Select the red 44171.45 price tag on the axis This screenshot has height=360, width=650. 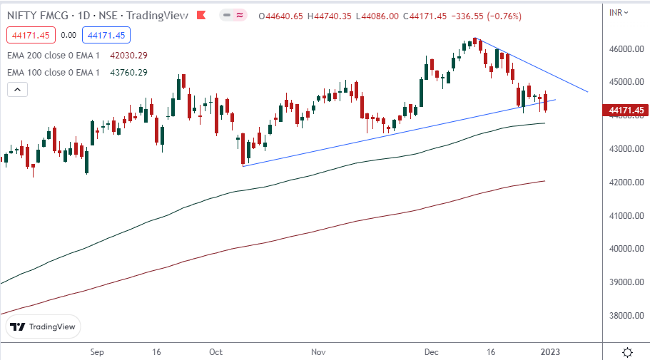pyautogui.click(x=625, y=110)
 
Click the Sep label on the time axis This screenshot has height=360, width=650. pyautogui.click(x=98, y=352)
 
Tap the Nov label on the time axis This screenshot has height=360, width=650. pyautogui.click(x=319, y=352)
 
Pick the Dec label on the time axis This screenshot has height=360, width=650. pyautogui.click(x=430, y=352)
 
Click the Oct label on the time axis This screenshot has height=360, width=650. pyautogui.click(x=216, y=352)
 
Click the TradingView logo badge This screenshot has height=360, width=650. pyautogui.click(x=44, y=326)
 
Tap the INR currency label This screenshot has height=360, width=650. pyautogui.click(x=617, y=12)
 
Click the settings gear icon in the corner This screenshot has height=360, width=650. pyautogui.click(x=627, y=352)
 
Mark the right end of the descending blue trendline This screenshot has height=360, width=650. pyautogui.click(x=588, y=92)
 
